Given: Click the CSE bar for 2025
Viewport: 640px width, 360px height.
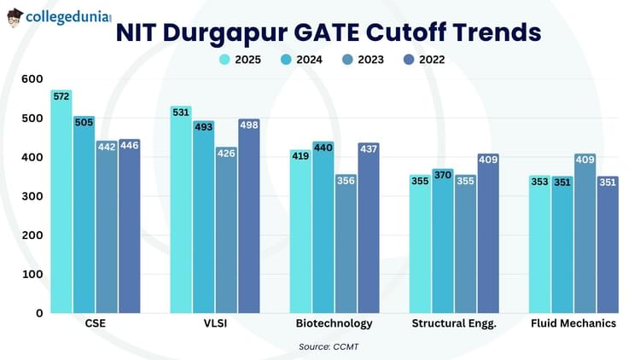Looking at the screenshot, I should point(61,205).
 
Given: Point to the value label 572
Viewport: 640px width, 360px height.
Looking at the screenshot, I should point(61,96).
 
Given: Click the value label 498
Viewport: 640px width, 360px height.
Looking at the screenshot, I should point(249,125).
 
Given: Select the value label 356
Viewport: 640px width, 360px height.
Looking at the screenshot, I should point(346,180).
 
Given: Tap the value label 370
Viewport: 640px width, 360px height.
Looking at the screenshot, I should point(442,175).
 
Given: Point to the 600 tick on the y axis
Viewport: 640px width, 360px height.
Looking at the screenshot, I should point(32,78).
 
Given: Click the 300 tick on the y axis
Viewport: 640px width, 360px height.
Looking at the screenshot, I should point(32,196).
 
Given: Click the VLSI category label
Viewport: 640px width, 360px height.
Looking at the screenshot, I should point(215,324).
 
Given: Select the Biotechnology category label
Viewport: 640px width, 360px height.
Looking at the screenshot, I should point(334,324).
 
